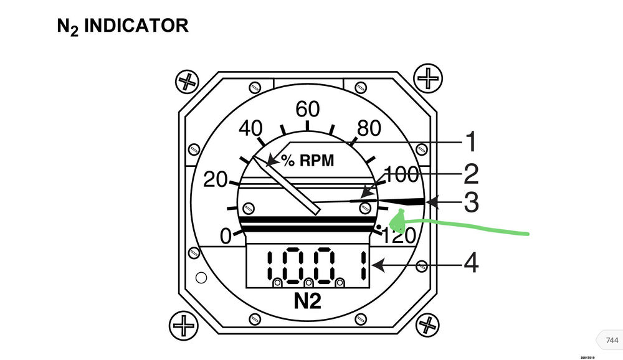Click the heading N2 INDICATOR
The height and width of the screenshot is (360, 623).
tap(122, 26)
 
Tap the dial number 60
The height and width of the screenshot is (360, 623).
tap(307, 110)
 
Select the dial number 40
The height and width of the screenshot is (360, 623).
tap(250, 129)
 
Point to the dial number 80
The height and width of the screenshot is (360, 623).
tap(368, 129)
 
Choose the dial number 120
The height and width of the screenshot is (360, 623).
tap(399, 236)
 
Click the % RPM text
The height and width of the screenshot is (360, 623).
tap(307, 161)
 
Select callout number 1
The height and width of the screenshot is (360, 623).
tap(471, 143)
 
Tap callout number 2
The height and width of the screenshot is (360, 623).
tap(471, 173)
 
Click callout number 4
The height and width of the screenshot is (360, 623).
tap(471, 263)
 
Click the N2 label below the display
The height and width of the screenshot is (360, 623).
tap(307, 301)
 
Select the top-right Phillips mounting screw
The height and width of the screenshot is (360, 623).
tap(428, 78)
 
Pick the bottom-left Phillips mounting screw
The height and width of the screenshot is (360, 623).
tap(185, 324)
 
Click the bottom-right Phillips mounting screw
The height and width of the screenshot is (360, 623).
tap(428, 324)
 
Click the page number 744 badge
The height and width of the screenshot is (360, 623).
tap(611, 340)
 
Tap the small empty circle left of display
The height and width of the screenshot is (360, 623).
tap(201, 277)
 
